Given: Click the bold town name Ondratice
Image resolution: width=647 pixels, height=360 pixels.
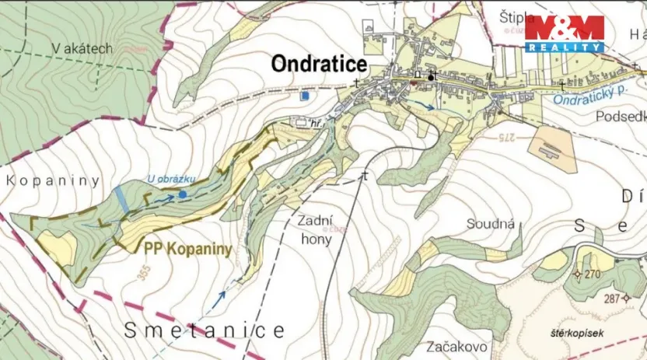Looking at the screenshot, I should (x=319, y=64).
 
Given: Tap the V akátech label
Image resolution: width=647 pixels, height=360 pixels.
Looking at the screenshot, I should (x=83, y=49).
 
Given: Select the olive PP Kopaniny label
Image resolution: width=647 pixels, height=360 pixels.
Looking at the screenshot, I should (x=188, y=250).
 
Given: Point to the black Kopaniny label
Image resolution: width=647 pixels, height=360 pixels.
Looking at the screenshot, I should (x=53, y=180).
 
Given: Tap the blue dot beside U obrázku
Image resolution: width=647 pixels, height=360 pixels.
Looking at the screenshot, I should (x=182, y=194).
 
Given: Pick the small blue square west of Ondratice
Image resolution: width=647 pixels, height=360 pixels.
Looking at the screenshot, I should (x=305, y=96).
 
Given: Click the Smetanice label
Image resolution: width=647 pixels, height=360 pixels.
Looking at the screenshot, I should (x=205, y=330).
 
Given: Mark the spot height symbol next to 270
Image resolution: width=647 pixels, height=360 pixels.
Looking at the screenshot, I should (x=577, y=274).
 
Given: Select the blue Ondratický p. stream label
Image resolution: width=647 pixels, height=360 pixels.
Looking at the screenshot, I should (x=589, y=95).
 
